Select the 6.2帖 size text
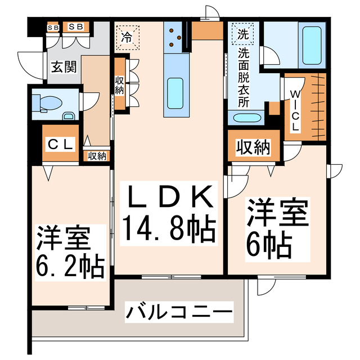(71, 267)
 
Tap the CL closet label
(60, 145)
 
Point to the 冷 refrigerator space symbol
(127, 38)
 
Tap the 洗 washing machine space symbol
(242, 33)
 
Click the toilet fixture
(44, 103)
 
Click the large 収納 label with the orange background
(253, 147)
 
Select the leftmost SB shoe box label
(53, 27)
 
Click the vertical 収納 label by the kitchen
(120, 85)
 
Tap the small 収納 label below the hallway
(97, 156)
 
